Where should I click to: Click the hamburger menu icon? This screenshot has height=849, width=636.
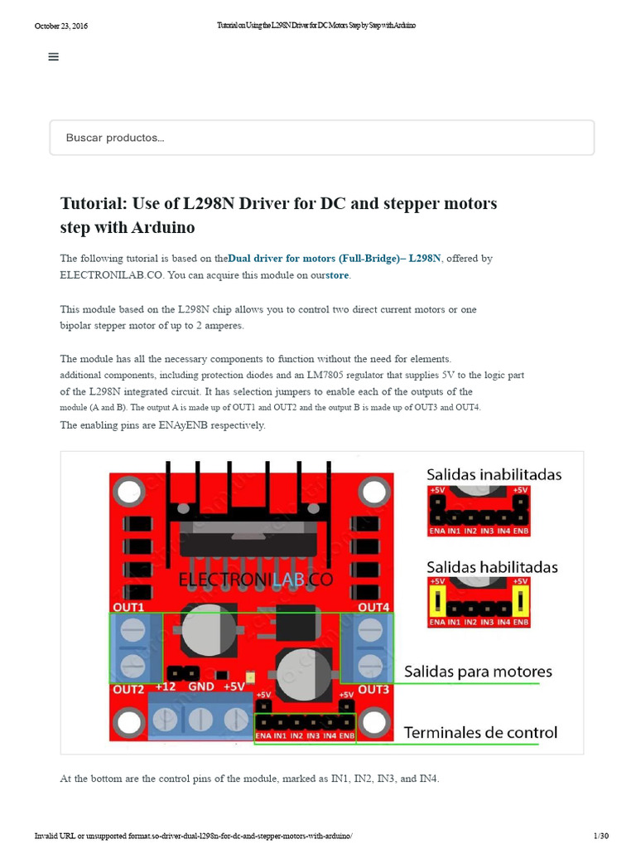click(54, 56)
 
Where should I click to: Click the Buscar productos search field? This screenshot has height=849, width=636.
click(321, 138)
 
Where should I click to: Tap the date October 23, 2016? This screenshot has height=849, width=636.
click(60, 26)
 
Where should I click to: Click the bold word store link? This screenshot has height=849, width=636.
click(338, 275)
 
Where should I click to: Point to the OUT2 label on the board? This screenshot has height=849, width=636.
click(128, 689)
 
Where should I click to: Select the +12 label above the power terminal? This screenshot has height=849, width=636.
click(165, 686)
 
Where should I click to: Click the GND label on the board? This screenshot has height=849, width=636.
click(201, 686)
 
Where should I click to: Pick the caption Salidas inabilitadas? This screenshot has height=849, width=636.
click(494, 475)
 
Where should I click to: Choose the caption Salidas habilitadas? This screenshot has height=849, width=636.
click(492, 568)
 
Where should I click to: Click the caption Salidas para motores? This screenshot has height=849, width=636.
click(478, 672)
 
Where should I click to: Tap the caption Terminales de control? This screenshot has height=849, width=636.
click(480, 733)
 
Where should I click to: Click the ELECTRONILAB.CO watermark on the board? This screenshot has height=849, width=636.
click(256, 581)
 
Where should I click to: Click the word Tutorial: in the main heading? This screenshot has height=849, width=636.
click(93, 204)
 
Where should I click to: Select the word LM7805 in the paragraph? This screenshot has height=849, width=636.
click(330, 375)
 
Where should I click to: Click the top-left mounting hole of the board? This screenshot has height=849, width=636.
click(128, 494)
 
